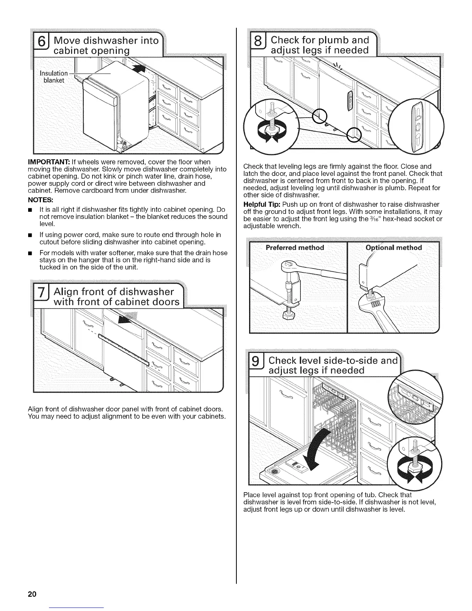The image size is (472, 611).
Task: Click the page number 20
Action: click(x=32, y=594)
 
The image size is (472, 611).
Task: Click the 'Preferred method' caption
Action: click(x=295, y=248)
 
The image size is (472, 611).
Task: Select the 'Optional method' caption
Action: click(x=394, y=248)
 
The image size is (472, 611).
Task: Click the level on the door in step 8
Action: click(x=350, y=101)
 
